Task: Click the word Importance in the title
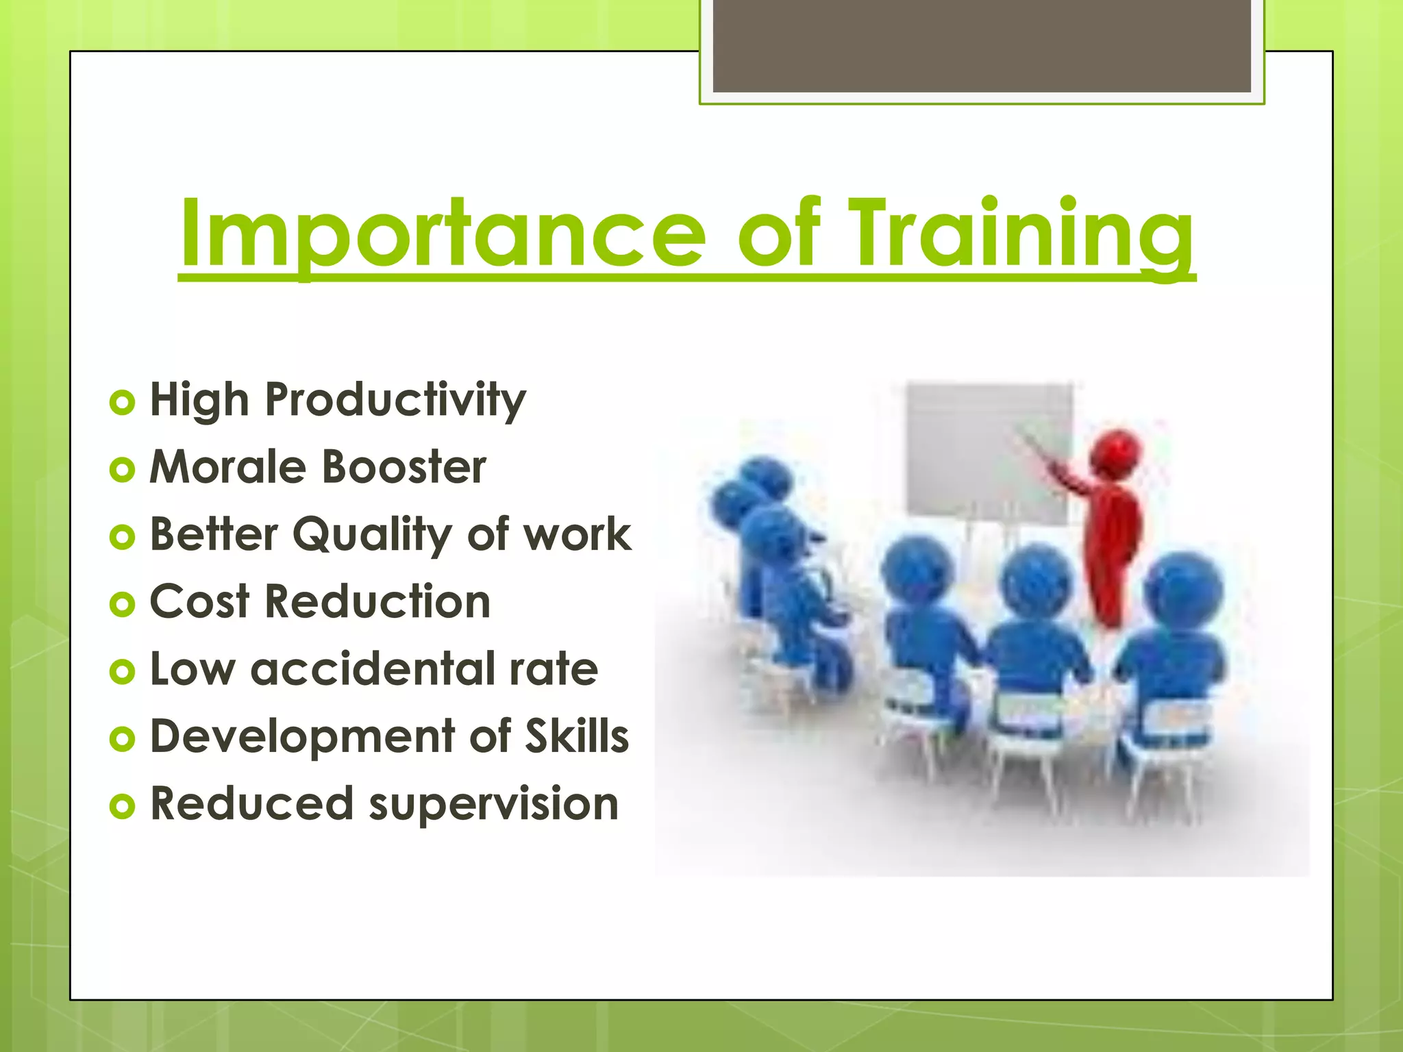pyautogui.click(x=442, y=234)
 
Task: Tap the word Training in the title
pyautogui.click(x=1021, y=234)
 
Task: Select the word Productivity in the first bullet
pyautogui.click(x=395, y=400)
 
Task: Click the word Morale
pyautogui.click(x=228, y=467)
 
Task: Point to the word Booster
pyautogui.click(x=404, y=467)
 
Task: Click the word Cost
pyautogui.click(x=199, y=601)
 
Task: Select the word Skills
pyautogui.click(x=577, y=736)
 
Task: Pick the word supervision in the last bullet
pyautogui.click(x=494, y=804)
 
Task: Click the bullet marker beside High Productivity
pyautogui.click(x=122, y=402)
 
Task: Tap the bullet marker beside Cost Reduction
pyautogui.click(x=122, y=604)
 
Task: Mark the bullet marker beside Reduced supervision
pyautogui.click(x=122, y=806)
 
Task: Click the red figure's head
pyautogui.click(x=1115, y=452)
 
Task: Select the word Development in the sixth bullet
pyautogui.click(x=302, y=737)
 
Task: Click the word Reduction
pyautogui.click(x=377, y=601)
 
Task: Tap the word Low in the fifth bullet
pyautogui.click(x=192, y=669)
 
